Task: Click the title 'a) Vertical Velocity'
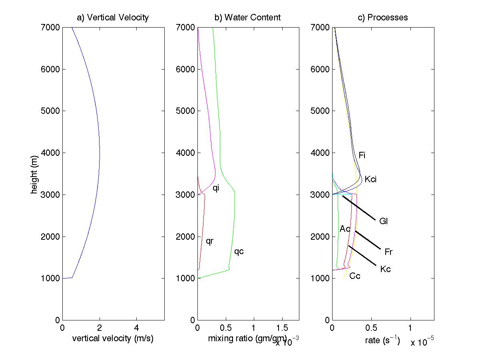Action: pyautogui.click(x=113, y=18)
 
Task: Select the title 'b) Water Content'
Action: pyautogui.click(x=247, y=18)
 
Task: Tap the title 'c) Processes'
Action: pyautogui.click(x=382, y=18)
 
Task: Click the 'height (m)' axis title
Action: pyautogui.click(x=34, y=174)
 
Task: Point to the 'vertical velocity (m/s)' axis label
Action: pyautogui.click(x=113, y=339)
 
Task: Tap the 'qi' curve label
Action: pyautogui.click(x=216, y=187)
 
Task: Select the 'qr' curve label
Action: pyautogui.click(x=209, y=241)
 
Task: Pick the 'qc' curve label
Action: pyautogui.click(x=239, y=251)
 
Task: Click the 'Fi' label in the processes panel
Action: pyautogui.click(x=362, y=155)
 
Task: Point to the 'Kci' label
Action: pyautogui.click(x=370, y=179)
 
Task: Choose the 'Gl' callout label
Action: pyautogui.click(x=383, y=221)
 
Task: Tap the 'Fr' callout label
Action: pyautogui.click(x=388, y=252)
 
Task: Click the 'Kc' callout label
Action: pyautogui.click(x=385, y=269)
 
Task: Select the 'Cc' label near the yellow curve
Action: pyautogui.click(x=355, y=276)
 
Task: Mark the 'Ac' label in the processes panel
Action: pyautogui.click(x=345, y=229)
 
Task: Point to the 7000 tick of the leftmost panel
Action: pyautogui.click(x=50, y=27)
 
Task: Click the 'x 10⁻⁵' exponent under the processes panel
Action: pyautogui.click(x=422, y=342)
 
